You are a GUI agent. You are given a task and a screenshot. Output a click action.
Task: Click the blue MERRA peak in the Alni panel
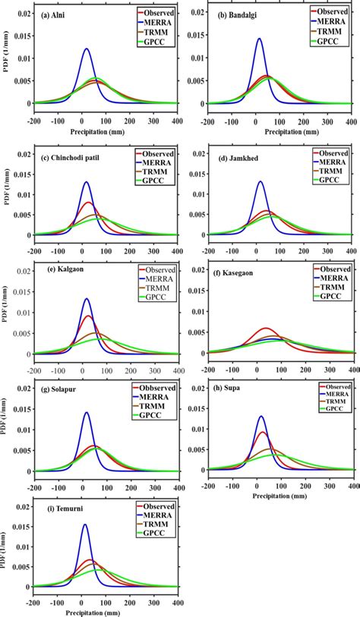(x=87, y=49)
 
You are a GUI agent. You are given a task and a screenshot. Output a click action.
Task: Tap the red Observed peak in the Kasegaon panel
(x=266, y=328)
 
